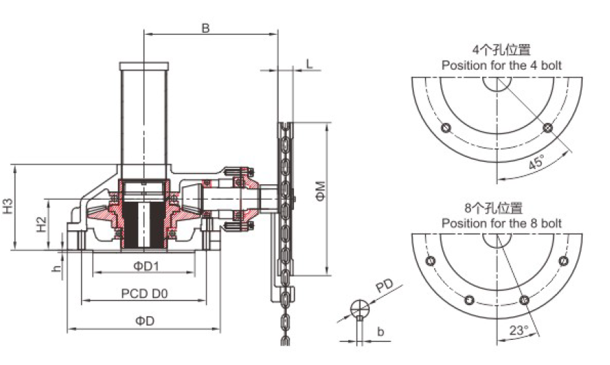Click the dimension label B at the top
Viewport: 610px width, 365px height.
pos(205,28)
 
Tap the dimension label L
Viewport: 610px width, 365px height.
pos(309,64)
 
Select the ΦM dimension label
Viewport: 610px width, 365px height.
pos(320,191)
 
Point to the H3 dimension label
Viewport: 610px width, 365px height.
pos(8,207)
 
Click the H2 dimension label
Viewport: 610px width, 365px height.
pos(42,225)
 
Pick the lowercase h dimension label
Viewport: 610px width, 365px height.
pos(57,268)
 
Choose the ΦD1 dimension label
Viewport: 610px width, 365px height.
pos(147,266)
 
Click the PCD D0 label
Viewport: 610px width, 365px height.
pos(144,293)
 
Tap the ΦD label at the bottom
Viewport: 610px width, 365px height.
pos(144,320)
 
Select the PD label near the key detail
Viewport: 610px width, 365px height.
pos(385,286)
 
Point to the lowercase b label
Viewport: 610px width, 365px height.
pos(380,332)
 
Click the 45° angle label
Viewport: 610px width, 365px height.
pos(537,161)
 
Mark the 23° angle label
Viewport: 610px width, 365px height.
pos(519,330)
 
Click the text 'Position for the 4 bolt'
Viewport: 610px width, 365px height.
pos(501,65)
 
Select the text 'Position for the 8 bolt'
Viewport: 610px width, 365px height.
pos(501,223)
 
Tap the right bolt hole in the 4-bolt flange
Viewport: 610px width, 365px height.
pos(548,128)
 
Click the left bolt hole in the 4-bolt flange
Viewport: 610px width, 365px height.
pos(446,128)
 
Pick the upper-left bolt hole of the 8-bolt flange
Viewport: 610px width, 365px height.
pos(430,261)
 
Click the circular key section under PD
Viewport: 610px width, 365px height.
pos(360,309)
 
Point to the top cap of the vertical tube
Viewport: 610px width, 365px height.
pos(144,66)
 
